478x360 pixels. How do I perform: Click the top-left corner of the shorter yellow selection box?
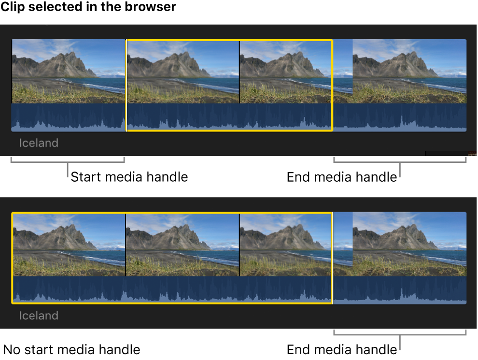[127, 40]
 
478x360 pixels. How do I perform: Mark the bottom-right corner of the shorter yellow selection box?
[332, 131]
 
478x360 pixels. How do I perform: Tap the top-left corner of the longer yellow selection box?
[12, 213]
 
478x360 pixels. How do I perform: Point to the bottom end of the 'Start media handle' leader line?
[68, 177]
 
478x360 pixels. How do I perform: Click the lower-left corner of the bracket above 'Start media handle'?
[11, 162]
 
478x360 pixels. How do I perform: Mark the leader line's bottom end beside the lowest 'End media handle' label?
[400, 349]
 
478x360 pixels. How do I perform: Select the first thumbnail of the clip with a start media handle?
[69, 72]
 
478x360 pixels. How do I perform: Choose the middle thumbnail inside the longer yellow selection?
[183, 245]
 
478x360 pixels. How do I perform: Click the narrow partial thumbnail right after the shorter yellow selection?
[343, 72]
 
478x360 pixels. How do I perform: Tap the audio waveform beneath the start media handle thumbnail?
[69, 117]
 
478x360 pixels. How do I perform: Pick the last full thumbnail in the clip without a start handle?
[409, 244]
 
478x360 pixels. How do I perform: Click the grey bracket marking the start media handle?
[68, 160]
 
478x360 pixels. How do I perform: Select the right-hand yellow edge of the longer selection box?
[332, 258]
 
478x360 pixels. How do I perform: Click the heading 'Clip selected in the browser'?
[88, 7]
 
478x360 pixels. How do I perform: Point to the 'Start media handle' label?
[129, 177]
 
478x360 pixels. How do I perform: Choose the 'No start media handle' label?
[71, 350]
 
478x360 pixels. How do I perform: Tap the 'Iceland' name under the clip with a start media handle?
[39, 143]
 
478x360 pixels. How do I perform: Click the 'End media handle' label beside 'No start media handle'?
[342, 350]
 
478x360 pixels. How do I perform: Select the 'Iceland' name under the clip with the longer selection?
[39, 316]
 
